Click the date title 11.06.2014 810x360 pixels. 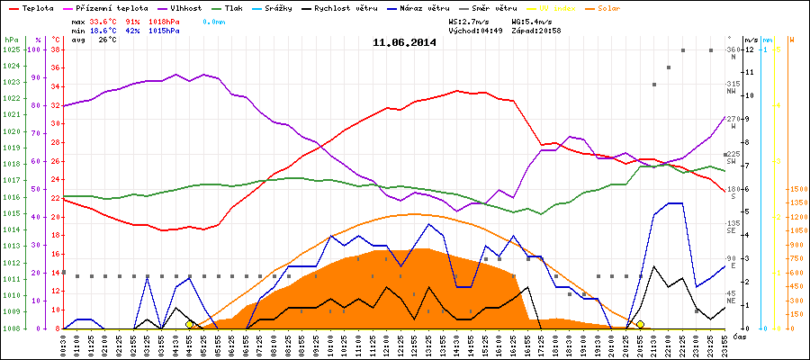coord(404,42)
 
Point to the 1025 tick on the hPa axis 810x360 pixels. coord(11,49)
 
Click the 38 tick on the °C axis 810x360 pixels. coord(55,49)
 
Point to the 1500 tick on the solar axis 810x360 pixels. coord(796,190)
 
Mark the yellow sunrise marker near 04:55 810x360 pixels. coord(189,324)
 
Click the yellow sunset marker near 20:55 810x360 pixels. coord(640,324)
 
